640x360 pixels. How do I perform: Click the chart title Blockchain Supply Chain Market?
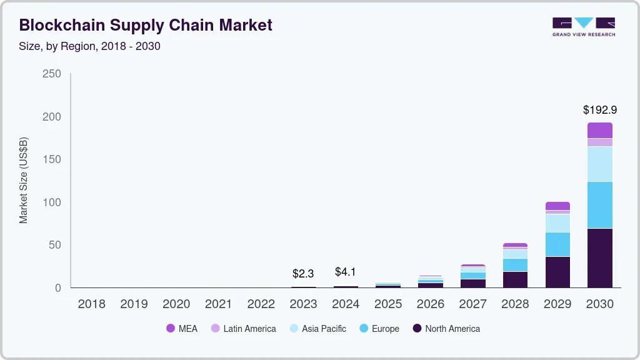tap(146, 26)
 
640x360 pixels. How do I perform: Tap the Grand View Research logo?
tap(583, 27)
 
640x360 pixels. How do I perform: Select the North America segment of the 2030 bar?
tap(599, 257)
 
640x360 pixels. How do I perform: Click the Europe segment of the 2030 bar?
tap(599, 205)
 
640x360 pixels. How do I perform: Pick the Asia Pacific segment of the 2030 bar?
tap(599, 164)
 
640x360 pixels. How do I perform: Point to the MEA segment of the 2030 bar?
tap(599, 130)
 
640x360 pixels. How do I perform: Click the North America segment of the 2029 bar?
tap(557, 272)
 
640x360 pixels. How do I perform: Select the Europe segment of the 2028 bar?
tap(515, 265)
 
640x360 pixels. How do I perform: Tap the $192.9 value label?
tap(599, 110)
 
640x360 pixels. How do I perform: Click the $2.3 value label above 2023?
tap(303, 274)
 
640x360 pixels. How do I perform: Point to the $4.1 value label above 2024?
tap(346, 272)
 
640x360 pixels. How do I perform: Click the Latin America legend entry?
tap(243, 329)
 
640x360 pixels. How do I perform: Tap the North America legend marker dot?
tap(417, 329)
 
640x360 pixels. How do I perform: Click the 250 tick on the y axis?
tap(52, 74)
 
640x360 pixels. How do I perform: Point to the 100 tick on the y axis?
tap(52, 202)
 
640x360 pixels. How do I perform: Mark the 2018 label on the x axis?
tap(91, 304)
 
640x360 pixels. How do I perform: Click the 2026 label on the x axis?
tap(431, 304)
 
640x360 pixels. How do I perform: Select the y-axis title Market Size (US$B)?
tap(24, 181)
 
